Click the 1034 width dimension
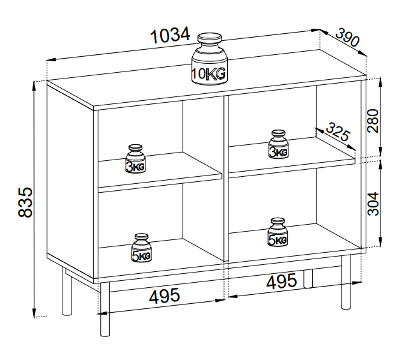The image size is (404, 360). (x=170, y=36)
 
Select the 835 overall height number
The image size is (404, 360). (x=24, y=202)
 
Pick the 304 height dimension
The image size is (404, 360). (x=373, y=202)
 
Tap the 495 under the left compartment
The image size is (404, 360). (x=165, y=296)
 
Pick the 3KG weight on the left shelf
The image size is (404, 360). (x=135, y=160)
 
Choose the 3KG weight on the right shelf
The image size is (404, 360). (x=278, y=145)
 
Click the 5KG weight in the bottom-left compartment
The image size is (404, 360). (x=142, y=248)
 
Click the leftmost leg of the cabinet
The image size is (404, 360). (x=66, y=293)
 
